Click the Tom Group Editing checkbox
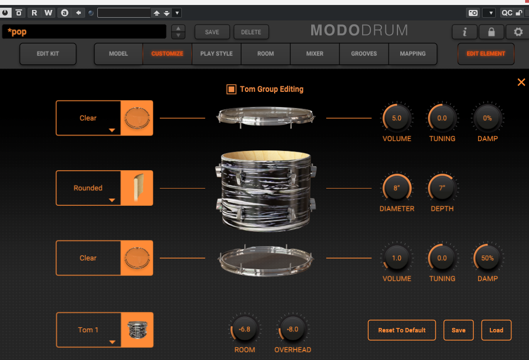tap(231, 89)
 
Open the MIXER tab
tap(315, 54)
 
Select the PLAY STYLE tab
tap(216, 54)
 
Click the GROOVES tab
tap(364, 54)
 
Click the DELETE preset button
tap(251, 32)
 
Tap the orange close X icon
tap(521, 82)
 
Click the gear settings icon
tap(518, 32)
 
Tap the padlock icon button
tap(491, 32)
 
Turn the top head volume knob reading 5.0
tap(397, 118)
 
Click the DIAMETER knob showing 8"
tap(397, 188)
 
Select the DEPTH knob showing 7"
tap(442, 188)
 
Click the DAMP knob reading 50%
tap(487, 258)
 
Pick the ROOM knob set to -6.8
tap(244, 329)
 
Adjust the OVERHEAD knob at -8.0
tap(292, 329)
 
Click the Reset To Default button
tap(402, 330)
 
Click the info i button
tap(464, 32)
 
